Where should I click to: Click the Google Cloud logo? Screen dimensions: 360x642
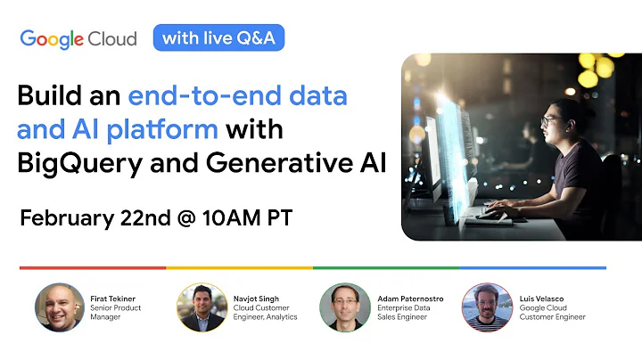(78, 38)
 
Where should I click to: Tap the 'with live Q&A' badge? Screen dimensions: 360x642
(218, 37)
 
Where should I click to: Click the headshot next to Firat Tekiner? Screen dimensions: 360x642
(60, 308)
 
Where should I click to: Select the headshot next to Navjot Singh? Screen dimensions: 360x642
(202, 308)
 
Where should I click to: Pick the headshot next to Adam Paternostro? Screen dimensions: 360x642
(345, 308)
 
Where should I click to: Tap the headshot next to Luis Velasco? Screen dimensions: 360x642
(487, 308)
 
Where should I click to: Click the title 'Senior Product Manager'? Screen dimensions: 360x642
(116, 313)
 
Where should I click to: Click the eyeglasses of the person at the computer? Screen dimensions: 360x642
(548, 120)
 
